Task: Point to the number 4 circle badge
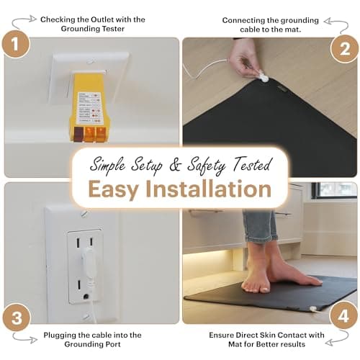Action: click(343, 317)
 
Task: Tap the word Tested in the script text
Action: click(249, 163)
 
